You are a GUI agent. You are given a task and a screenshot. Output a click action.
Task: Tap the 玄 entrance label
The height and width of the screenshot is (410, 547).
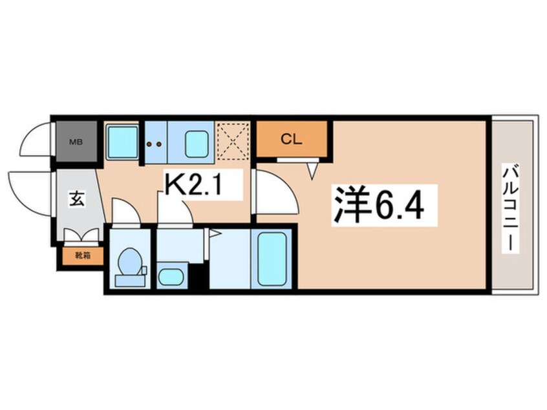point(76,199)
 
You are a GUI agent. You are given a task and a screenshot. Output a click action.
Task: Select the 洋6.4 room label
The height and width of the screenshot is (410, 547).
point(378,203)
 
